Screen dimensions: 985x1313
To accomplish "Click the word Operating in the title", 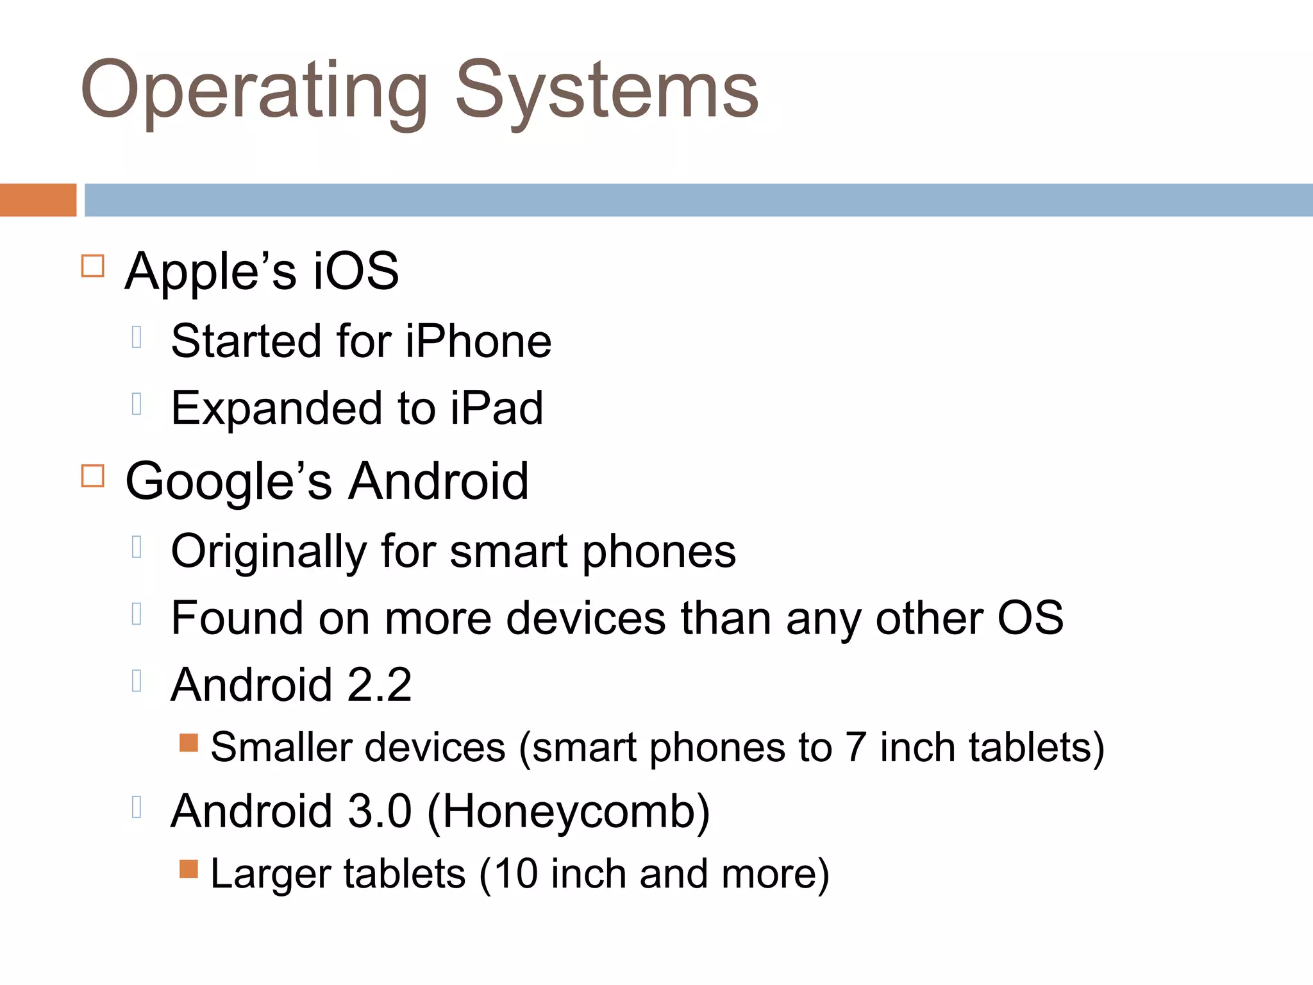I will click(x=254, y=91).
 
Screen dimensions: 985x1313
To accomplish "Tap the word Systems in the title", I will click(x=606, y=91).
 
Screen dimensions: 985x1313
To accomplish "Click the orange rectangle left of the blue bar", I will click(x=38, y=200).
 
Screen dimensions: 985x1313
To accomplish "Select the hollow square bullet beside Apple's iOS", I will click(x=93, y=265).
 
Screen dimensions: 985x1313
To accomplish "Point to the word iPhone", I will click(x=478, y=341).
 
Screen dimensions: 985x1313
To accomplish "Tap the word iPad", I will click(x=496, y=408).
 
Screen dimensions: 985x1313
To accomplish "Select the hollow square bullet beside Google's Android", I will click(x=93, y=476).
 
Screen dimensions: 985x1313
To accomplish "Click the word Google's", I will click(x=229, y=482).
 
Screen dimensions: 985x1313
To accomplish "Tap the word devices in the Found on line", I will click(x=585, y=619).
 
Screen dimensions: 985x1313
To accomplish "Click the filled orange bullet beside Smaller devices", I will click(x=188, y=743).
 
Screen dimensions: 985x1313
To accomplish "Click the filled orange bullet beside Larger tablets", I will click(x=188, y=869).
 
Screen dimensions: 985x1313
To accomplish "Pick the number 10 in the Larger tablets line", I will click(x=515, y=874).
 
